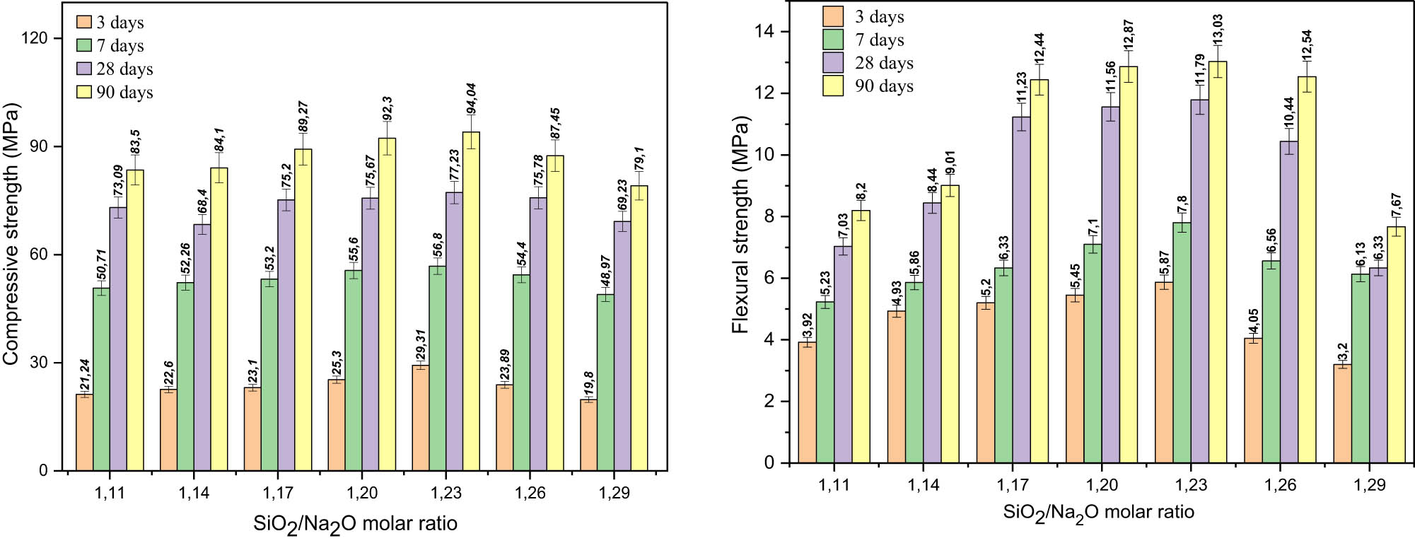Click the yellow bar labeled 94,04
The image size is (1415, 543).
[x=471, y=300]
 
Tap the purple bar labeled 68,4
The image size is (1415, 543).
[x=202, y=346]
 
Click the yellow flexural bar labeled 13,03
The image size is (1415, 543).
[x=1218, y=262]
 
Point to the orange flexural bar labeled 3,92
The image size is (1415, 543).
[x=807, y=402]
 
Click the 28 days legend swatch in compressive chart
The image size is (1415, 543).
[x=84, y=69]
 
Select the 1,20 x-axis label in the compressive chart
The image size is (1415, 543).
[x=361, y=493]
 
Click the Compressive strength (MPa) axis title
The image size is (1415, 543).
[x=11, y=234]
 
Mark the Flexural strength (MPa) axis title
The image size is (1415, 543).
[x=740, y=226]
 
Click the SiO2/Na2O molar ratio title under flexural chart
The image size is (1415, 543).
[x=1098, y=513]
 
